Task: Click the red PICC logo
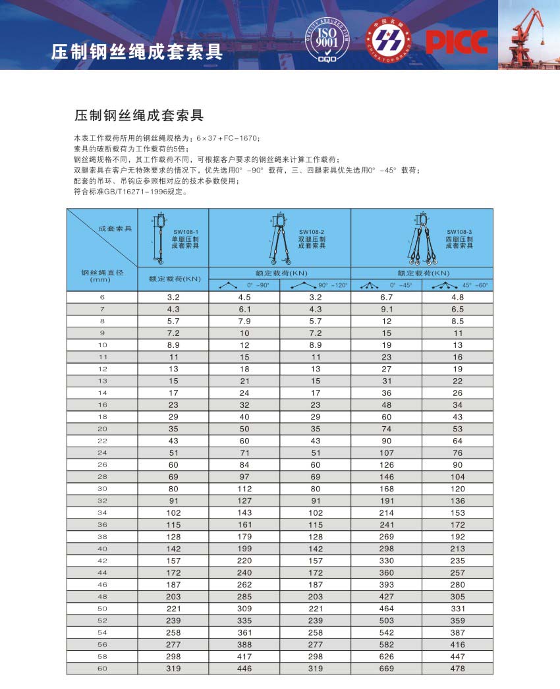(x=457, y=41)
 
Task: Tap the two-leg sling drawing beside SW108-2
(x=279, y=238)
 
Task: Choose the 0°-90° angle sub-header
(x=244, y=285)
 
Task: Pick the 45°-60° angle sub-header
(x=458, y=285)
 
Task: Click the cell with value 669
(x=386, y=669)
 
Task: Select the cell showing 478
(x=457, y=669)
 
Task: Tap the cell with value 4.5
(x=244, y=297)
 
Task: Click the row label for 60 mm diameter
(x=102, y=669)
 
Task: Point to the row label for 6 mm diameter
(x=102, y=297)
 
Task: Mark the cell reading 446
(x=244, y=669)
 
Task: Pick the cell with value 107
(x=386, y=453)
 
